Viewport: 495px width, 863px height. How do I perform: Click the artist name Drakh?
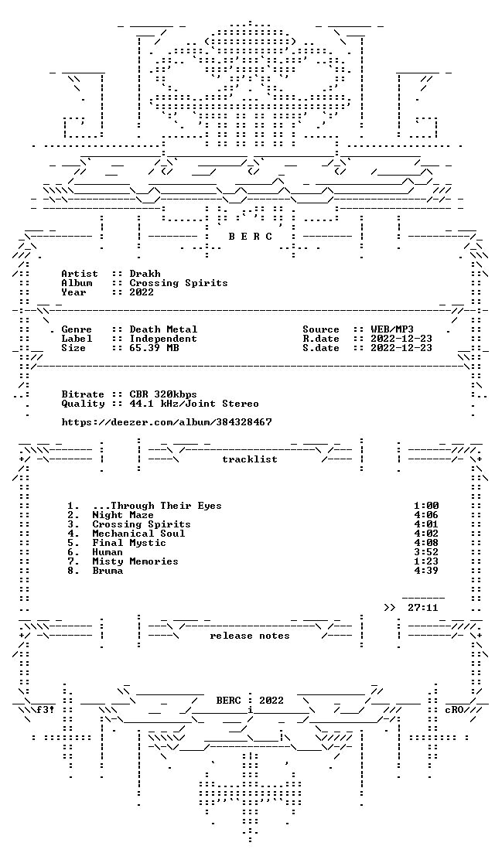[x=145, y=274]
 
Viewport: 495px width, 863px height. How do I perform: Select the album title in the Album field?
[x=179, y=284]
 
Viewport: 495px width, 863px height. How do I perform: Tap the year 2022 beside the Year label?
[x=142, y=292]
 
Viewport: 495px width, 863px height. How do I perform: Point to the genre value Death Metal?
[x=163, y=329]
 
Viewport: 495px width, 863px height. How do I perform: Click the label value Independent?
[x=163, y=339]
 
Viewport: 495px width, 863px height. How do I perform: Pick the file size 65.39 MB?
[x=154, y=348]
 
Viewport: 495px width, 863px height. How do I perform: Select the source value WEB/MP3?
[x=392, y=329]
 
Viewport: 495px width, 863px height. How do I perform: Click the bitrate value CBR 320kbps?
[x=163, y=394]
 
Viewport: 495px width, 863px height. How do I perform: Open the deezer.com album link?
[x=166, y=422]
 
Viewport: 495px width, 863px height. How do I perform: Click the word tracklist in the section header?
[x=249, y=459]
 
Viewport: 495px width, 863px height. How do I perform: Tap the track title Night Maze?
[x=123, y=515]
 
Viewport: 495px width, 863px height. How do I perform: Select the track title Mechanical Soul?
[x=138, y=534]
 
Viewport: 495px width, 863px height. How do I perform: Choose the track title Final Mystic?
[x=129, y=543]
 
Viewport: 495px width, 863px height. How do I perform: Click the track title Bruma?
[x=108, y=571]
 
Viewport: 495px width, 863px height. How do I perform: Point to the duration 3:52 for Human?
[x=426, y=552]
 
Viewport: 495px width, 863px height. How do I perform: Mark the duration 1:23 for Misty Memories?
[x=426, y=561]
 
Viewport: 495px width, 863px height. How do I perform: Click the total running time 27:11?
[x=423, y=608]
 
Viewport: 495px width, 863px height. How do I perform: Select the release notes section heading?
[x=249, y=636]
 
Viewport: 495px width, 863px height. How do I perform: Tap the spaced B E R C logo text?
[x=250, y=237]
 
